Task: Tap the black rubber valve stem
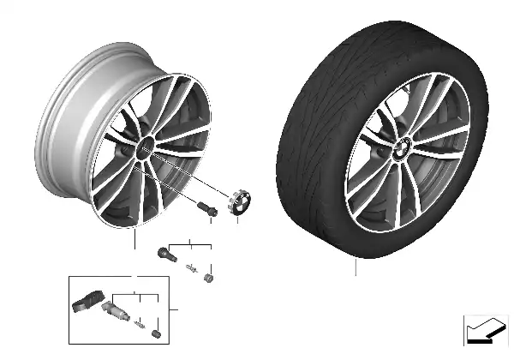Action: (x=165, y=254)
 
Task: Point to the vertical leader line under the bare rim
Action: (x=134, y=239)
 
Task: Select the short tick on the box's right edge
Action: (x=175, y=309)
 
